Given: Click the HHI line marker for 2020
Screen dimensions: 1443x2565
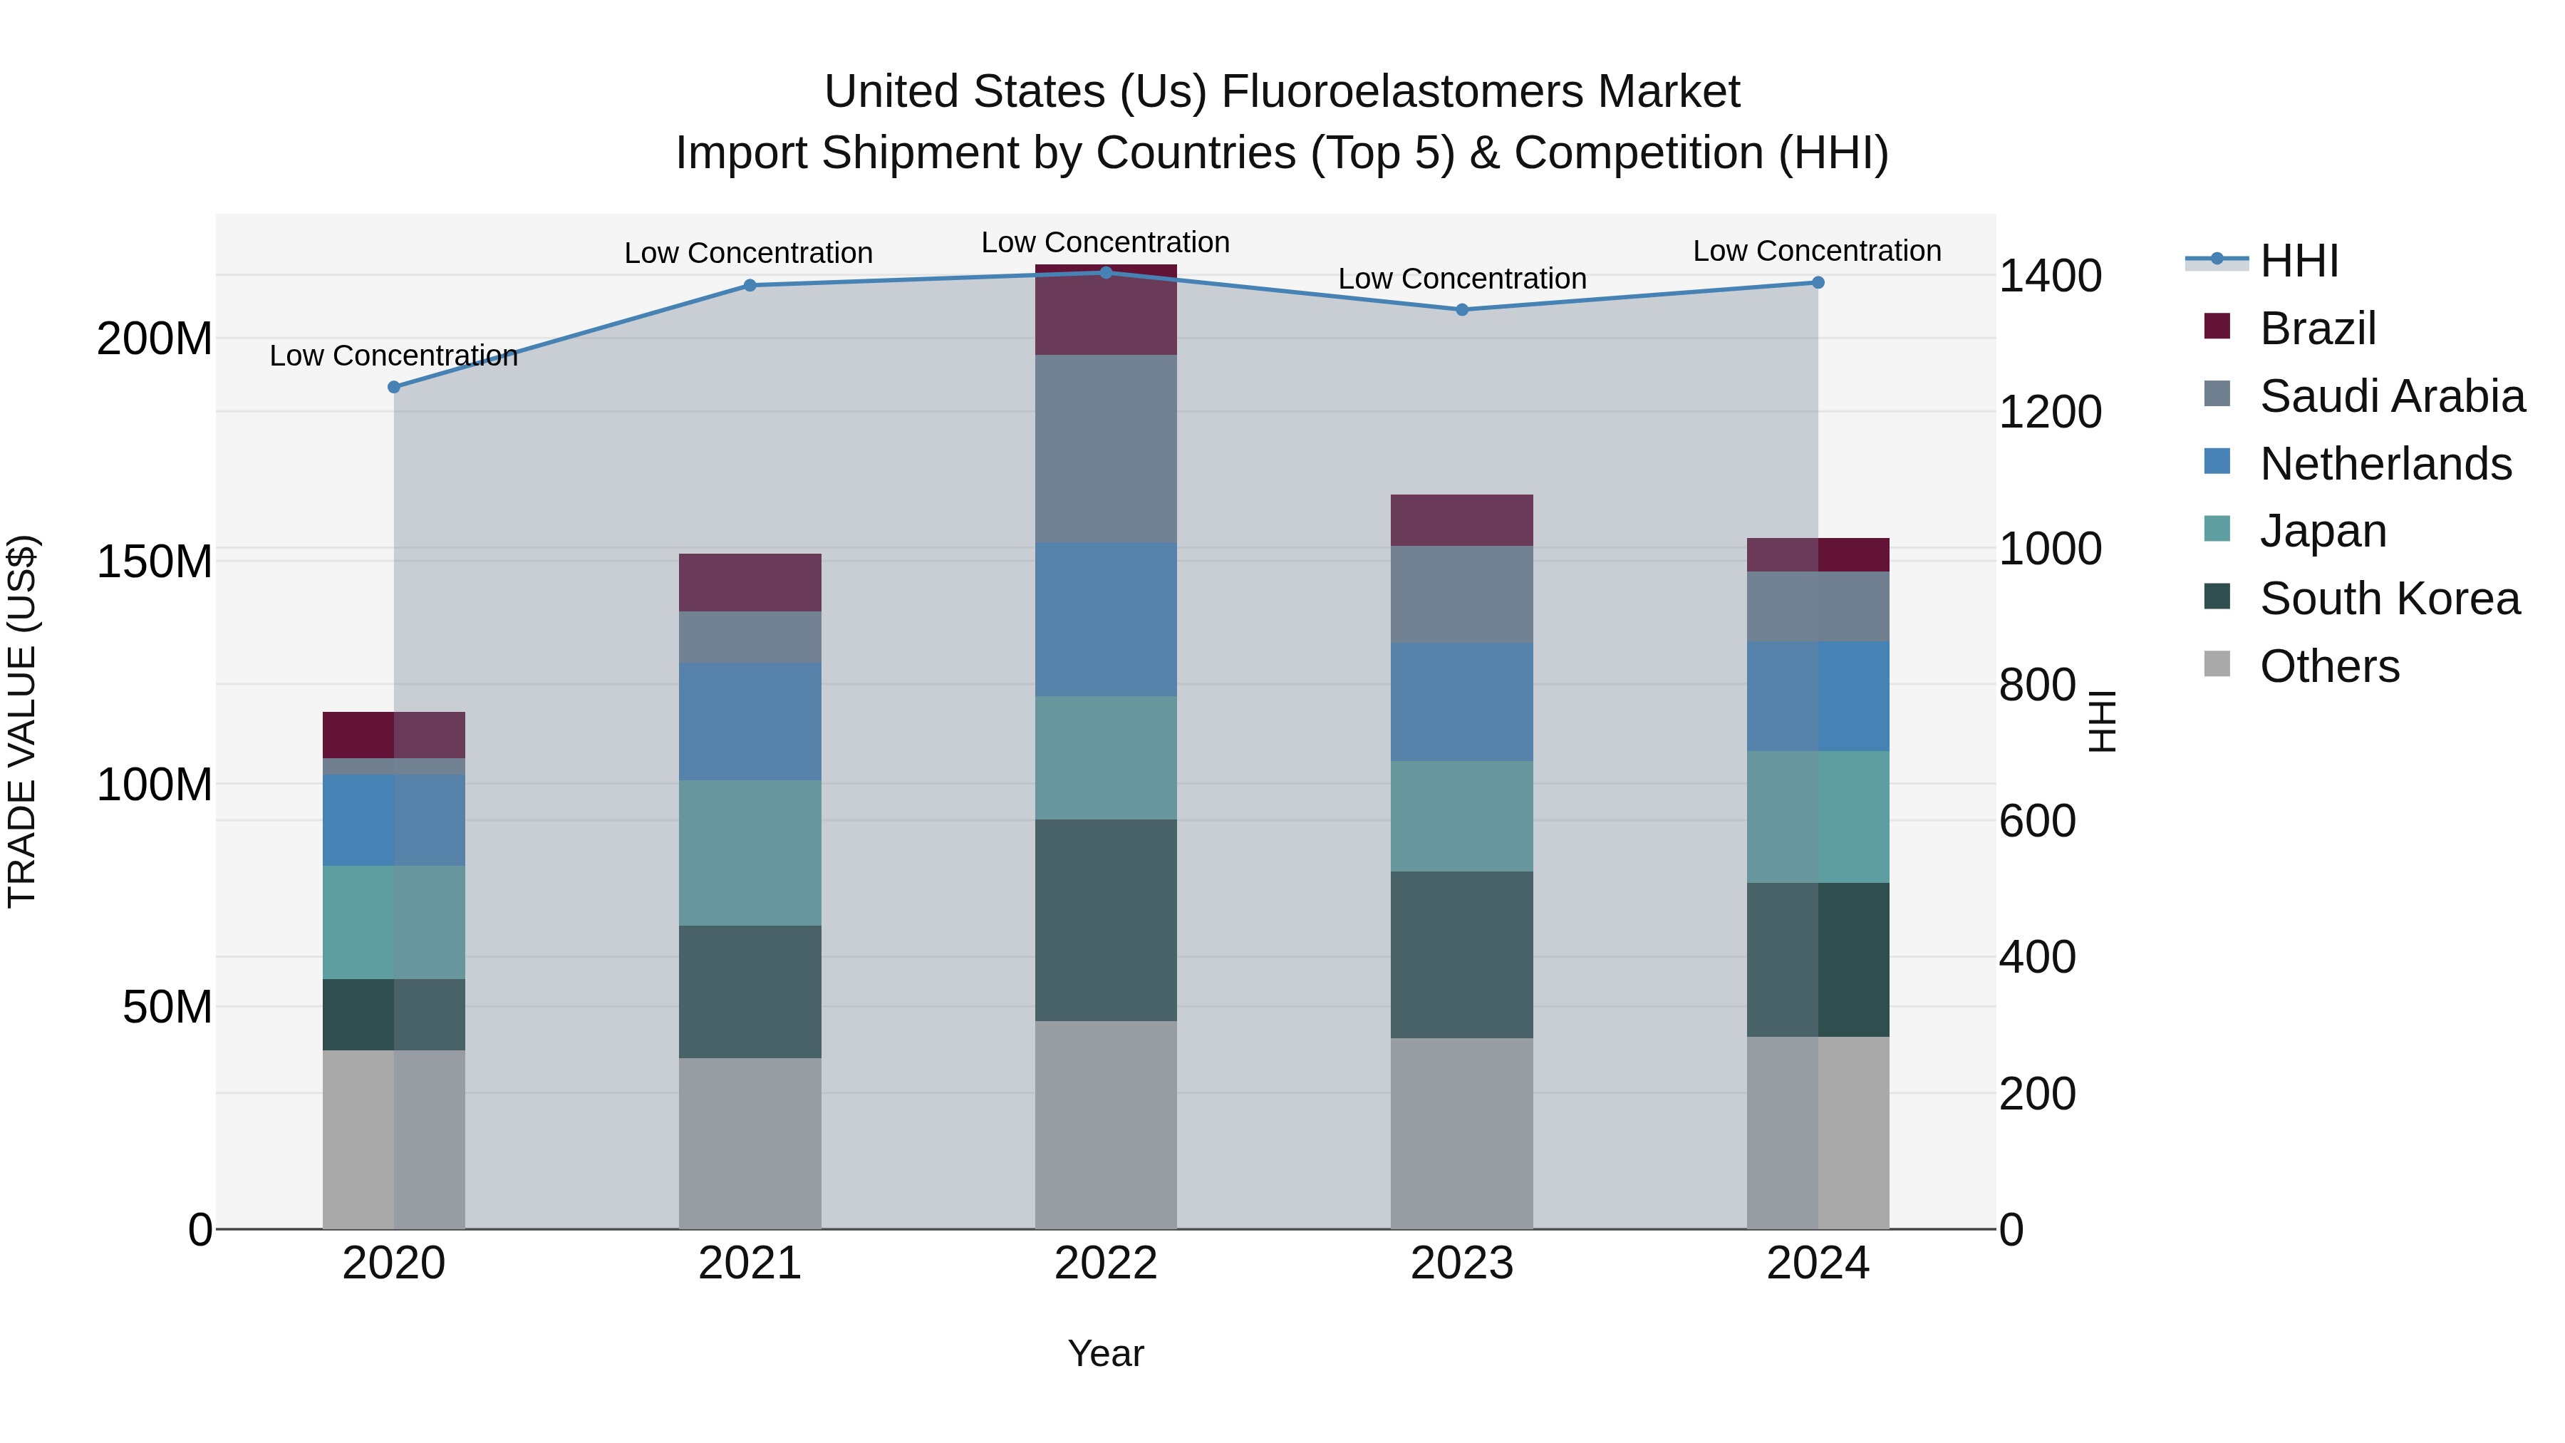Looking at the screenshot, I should pyautogui.click(x=393, y=388).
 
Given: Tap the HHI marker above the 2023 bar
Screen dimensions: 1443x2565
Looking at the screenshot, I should pyautogui.click(x=1462, y=310).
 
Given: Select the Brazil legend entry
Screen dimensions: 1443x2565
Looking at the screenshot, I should pyautogui.click(x=2317, y=329).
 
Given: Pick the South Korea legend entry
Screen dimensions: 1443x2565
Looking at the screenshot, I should pyautogui.click(x=2389, y=599).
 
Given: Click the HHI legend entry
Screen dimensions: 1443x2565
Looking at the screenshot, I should pyautogui.click(x=2298, y=261).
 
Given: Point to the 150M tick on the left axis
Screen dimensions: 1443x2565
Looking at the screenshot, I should pyautogui.click(x=155, y=562).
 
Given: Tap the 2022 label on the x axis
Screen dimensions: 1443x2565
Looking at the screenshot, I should pyautogui.click(x=1105, y=1263).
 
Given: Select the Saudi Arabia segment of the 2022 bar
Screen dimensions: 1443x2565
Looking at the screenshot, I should pyautogui.click(x=1105, y=448).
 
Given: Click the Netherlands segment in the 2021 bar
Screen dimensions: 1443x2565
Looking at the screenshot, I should pyautogui.click(x=750, y=721).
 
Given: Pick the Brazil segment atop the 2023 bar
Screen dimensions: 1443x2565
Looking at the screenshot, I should pyautogui.click(x=1462, y=520).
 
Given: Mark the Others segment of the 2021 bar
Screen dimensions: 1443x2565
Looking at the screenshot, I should pyautogui.click(x=750, y=1142).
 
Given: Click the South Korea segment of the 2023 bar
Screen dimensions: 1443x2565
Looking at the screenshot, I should pyautogui.click(x=1462, y=954).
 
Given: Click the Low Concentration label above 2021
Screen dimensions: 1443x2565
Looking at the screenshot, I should pyautogui.click(x=748, y=253).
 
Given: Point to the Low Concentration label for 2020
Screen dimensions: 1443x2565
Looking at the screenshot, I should pyautogui.click(x=393, y=356).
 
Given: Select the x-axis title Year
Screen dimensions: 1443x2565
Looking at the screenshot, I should pyautogui.click(x=1105, y=1353).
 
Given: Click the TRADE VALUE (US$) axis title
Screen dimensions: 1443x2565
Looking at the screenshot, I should pyautogui.click(x=22, y=721).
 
